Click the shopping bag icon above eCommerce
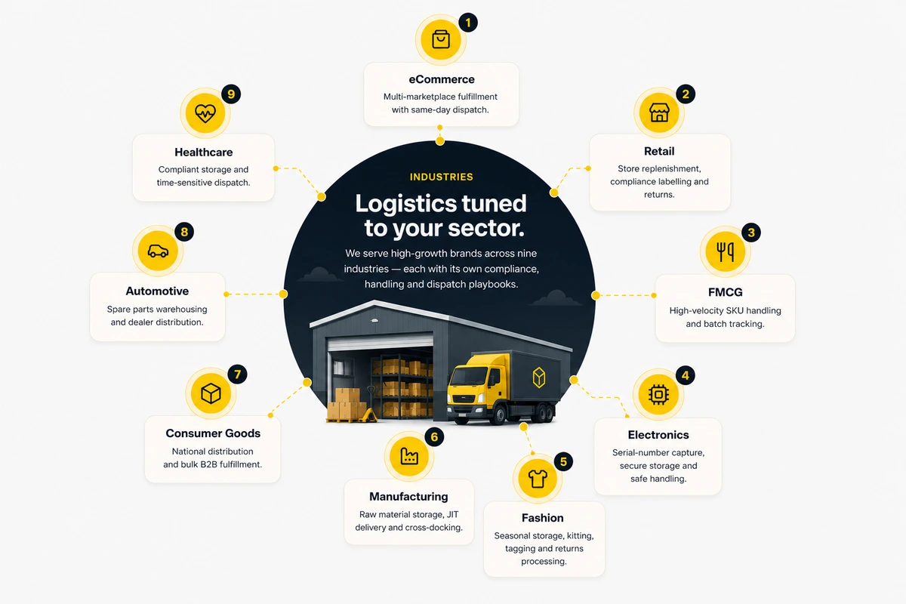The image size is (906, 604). [440, 40]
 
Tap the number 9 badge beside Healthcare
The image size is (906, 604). [231, 94]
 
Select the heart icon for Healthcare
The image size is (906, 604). [205, 112]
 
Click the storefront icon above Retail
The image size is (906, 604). [659, 112]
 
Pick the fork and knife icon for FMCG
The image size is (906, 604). [726, 251]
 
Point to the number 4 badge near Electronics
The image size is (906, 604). [686, 375]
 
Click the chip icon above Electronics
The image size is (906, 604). [658, 394]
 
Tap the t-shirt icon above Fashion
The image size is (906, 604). [538, 479]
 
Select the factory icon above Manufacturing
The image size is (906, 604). [409, 456]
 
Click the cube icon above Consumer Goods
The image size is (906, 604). [211, 393]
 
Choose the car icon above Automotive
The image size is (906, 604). [158, 251]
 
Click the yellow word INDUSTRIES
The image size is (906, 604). [441, 177]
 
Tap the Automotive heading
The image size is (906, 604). [157, 291]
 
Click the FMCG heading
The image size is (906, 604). [726, 292]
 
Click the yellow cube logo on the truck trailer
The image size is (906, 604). [539, 377]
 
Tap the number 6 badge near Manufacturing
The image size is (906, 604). [434, 437]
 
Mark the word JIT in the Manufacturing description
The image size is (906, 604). [452, 515]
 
